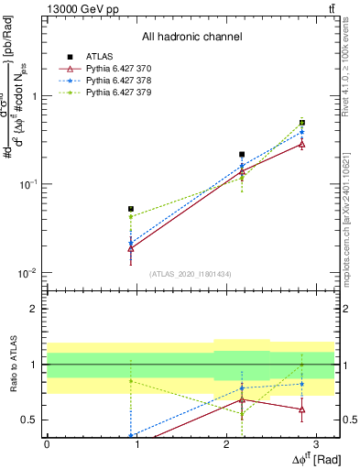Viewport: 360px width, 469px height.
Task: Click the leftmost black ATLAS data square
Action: (x=131, y=209)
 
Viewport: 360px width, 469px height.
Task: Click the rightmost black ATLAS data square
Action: (x=302, y=123)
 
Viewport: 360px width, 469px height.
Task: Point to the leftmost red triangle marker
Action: (x=131, y=248)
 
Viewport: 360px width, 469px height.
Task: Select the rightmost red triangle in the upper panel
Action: (x=302, y=144)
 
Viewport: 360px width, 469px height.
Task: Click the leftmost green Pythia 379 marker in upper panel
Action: (x=131, y=216)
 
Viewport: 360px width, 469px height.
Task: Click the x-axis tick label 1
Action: (x=136, y=442)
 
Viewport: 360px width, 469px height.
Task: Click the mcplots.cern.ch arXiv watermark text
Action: (x=352, y=211)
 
